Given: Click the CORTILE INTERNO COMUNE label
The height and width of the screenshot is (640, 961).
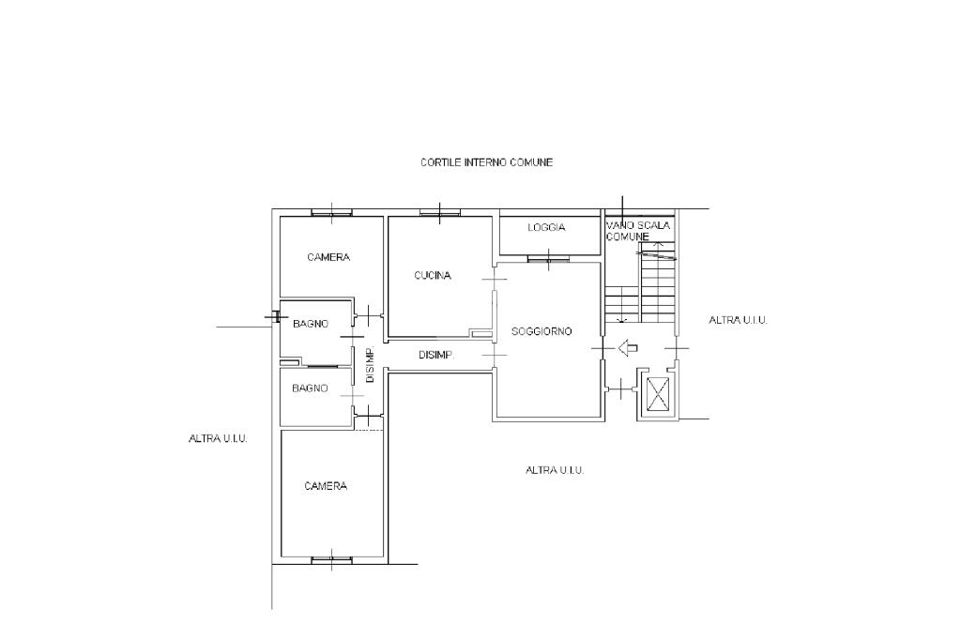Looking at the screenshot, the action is pyautogui.click(x=487, y=162).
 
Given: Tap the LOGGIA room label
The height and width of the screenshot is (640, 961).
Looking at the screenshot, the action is pyautogui.click(x=546, y=227).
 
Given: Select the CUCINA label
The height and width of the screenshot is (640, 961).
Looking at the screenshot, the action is pyautogui.click(x=433, y=275).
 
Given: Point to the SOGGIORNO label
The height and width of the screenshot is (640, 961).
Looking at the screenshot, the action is pyautogui.click(x=542, y=331).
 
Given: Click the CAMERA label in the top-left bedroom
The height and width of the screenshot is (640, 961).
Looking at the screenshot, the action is pyautogui.click(x=328, y=257).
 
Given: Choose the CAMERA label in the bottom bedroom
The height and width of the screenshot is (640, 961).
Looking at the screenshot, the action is pyautogui.click(x=326, y=486).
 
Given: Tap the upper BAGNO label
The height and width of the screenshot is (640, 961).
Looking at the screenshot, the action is pyautogui.click(x=310, y=324).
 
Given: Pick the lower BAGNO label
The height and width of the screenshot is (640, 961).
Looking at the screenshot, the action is pyautogui.click(x=310, y=389).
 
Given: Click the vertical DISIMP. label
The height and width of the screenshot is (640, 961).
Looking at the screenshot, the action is pyautogui.click(x=370, y=365).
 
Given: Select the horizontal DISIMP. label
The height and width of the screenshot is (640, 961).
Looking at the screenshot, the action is pyautogui.click(x=436, y=355).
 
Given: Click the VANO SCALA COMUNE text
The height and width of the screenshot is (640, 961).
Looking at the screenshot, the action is pyautogui.click(x=638, y=231).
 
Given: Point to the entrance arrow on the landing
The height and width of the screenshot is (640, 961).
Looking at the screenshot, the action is pyautogui.click(x=628, y=348).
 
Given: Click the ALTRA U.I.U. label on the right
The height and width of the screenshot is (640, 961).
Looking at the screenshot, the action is pyautogui.click(x=738, y=320).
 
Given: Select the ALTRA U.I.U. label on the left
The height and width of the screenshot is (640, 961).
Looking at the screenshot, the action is pyautogui.click(x=218, y=439).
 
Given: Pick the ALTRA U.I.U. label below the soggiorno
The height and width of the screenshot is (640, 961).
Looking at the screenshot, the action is pyautogui.click(x=555, y=470).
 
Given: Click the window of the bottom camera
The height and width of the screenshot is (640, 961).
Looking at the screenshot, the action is pyautogui.click(x=331, y=559).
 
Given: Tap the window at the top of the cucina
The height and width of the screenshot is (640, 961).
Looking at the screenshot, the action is pyautogui.click(x=440, y=213).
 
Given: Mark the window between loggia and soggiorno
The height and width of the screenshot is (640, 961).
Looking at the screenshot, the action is pyautogui.click(x=548, y=259).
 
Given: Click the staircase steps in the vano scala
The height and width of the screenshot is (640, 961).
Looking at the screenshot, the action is pyautogui.click(x=640, y=282).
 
